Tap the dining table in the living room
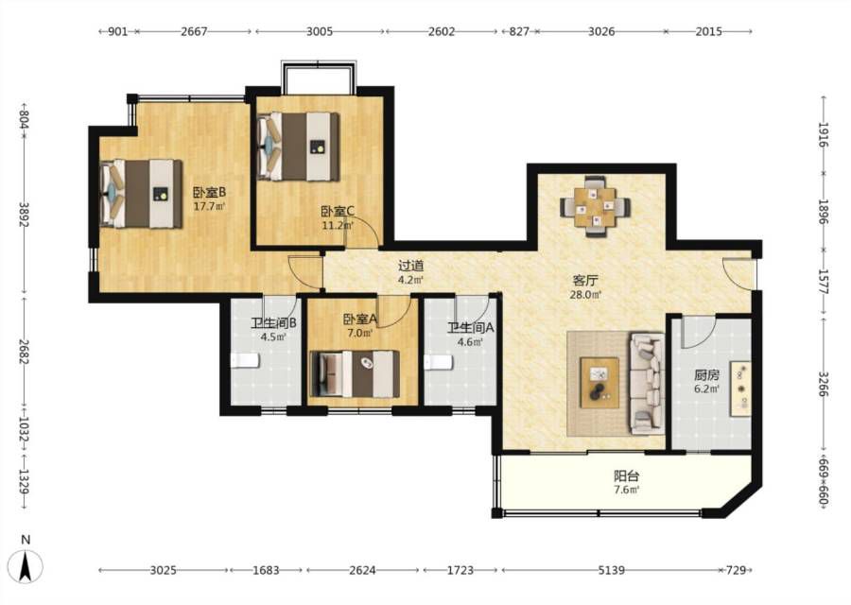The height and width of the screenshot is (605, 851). point(596,206)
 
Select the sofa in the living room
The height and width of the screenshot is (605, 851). point(647,384)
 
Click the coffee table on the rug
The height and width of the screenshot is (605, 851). point(599,382)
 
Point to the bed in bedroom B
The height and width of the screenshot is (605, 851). point(141,193)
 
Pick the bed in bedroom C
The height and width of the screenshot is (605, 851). point(298,147)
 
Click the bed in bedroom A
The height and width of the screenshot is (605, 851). point(354,373)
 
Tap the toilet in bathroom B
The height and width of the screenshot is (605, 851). point(245,360)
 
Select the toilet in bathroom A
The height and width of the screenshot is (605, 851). point(439,362)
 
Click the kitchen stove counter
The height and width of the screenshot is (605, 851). point(740,389)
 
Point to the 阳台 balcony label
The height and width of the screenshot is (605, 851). point(626,475)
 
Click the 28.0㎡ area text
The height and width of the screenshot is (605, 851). point(585,295)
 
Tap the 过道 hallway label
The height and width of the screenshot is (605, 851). point(411,266)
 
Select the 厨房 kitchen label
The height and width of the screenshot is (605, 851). point(706,375)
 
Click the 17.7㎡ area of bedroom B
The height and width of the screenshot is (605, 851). point(210,206)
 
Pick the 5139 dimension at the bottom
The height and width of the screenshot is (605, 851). point(611,570)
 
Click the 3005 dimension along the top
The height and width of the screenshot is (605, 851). point(320,31)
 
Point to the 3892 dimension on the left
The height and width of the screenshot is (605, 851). point(24,215)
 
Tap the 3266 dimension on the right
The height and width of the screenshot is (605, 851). point(824,384)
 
